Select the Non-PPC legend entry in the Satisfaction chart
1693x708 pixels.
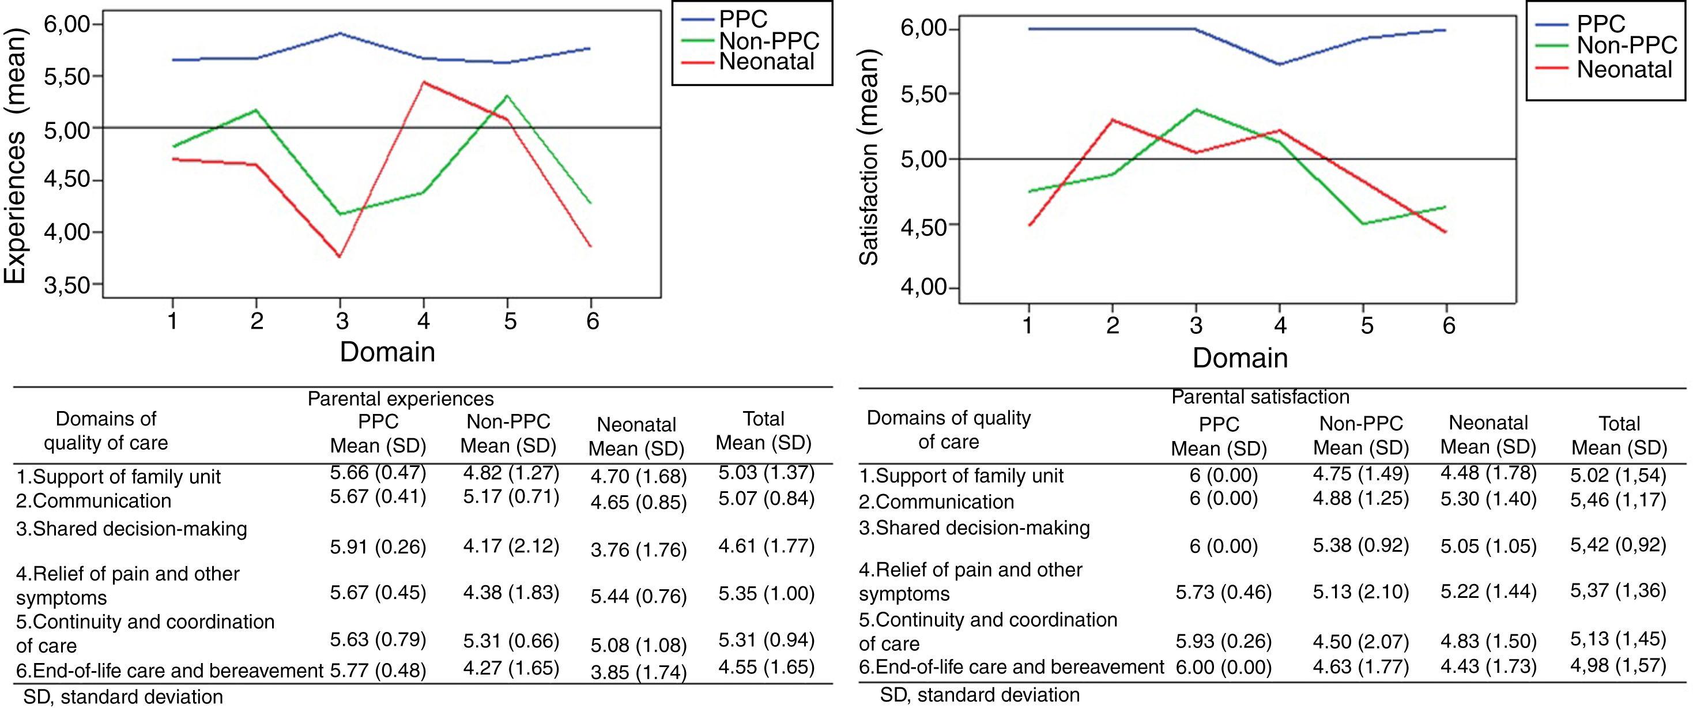click(1624, 45)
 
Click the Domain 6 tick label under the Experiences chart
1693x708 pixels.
click(592, 322)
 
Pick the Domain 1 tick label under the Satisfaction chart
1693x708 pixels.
click(1028, 325)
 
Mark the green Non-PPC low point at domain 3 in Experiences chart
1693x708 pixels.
click(340, 214)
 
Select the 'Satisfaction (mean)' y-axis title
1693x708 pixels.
click(869, 161)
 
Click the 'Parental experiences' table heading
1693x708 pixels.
click(400, 398)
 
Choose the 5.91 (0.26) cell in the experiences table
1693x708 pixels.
click(378, 547)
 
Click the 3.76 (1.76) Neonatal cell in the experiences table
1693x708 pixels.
click(637, 550)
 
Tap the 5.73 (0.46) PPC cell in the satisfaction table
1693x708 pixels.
click(1223, 592)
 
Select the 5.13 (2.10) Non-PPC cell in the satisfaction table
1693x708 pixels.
click(1360, 592)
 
